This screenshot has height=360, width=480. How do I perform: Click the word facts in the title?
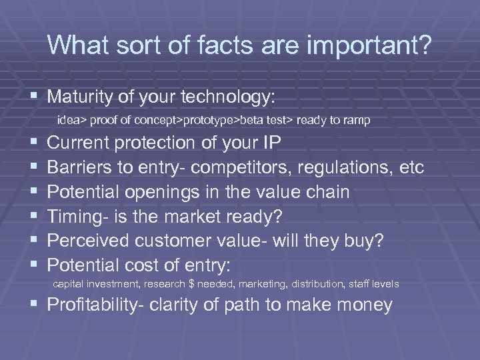[196, 45]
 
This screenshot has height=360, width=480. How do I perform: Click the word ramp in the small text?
[358, 121]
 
